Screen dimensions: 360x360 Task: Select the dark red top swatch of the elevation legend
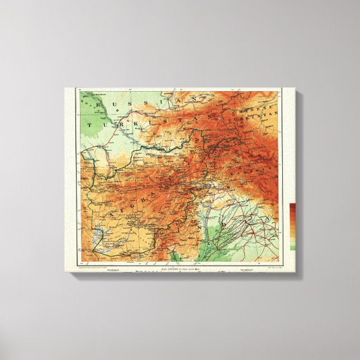point(293,207)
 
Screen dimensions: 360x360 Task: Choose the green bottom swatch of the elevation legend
point(293,247)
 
